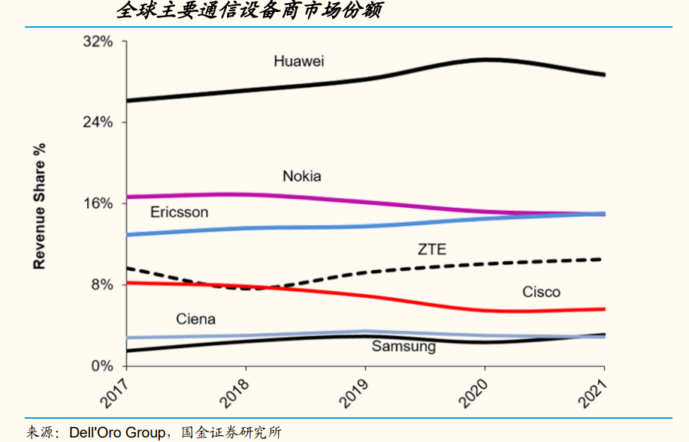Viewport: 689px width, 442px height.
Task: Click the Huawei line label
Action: [299, 62]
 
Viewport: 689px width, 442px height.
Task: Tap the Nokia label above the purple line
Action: [301, 176]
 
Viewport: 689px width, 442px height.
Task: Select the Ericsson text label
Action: [179, 212]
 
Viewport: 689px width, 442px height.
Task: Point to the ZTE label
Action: [432, 249]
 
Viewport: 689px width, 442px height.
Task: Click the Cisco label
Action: [541, 292]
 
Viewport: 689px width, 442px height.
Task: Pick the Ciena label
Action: [195, 319]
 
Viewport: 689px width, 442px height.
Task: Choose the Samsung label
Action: [403, 347]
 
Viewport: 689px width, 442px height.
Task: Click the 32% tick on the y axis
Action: [98, 41]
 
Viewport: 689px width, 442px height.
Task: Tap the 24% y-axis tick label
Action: [98, 122]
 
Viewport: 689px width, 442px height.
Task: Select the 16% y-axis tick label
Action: [98, 203]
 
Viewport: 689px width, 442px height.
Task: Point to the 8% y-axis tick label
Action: [101, 285]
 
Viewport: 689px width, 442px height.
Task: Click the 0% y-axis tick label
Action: [101, 366]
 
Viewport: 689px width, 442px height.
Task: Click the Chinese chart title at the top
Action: [249, 11]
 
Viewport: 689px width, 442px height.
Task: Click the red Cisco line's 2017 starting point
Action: [127, 283]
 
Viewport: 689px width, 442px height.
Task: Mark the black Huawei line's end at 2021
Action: [604, 74]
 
